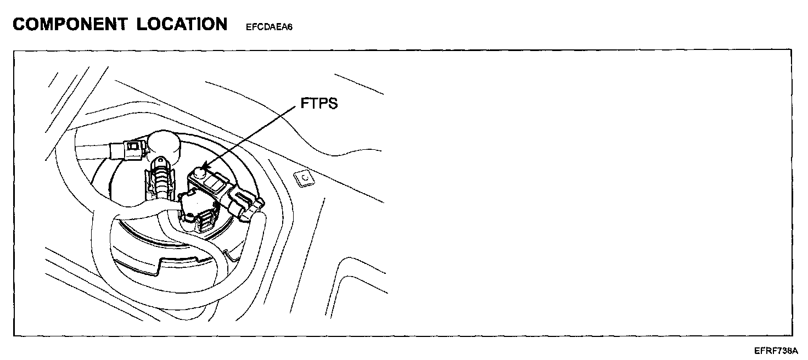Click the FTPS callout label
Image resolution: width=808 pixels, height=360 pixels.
click(319, 104)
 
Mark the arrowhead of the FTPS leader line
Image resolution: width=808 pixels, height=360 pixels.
click(204, 166)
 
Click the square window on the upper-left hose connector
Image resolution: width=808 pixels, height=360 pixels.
click(132, 146)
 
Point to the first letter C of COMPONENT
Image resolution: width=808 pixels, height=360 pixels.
click(20, 24)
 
